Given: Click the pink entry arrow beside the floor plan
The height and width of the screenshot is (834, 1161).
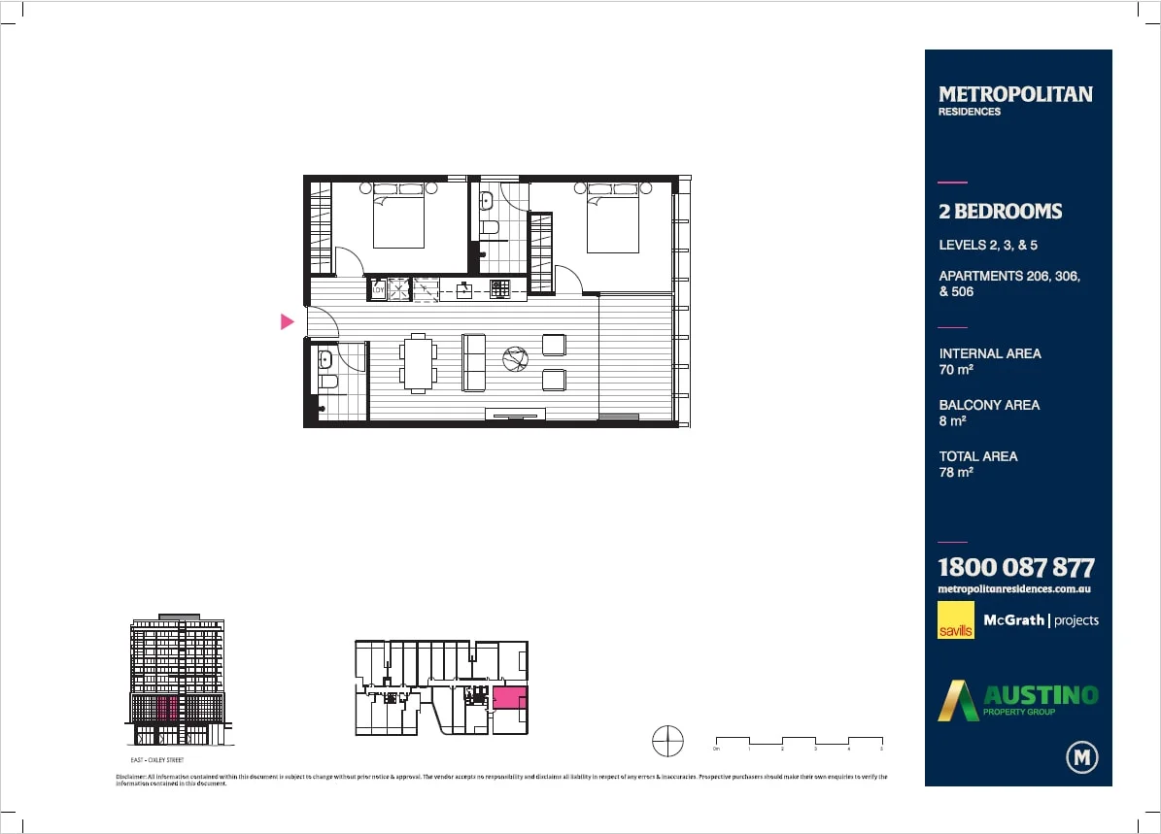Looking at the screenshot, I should click(287, 321).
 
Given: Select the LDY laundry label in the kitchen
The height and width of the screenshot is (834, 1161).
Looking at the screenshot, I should click(378, 288).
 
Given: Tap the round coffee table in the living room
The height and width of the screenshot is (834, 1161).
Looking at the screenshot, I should click(515, 360).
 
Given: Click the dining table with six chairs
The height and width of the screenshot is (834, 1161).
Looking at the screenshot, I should click(419, 363).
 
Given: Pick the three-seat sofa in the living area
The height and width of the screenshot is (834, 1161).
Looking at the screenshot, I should click(474, 362).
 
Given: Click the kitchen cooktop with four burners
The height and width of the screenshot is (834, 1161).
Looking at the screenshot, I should click(500, 287).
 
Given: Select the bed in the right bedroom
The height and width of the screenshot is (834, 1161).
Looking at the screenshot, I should click(612, 218).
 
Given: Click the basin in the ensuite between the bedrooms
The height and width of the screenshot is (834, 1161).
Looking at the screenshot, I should click(487, 203).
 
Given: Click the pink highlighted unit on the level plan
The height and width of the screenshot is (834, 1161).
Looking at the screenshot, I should click(509, 697).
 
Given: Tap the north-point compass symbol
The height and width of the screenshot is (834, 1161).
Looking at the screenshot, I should click(667, 742).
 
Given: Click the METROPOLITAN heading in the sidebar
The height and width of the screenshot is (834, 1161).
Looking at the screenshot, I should click(1015, 94).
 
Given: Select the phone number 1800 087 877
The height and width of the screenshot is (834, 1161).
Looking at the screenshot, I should click(1015, 568).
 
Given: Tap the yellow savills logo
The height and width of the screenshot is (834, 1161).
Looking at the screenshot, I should click(955, 620).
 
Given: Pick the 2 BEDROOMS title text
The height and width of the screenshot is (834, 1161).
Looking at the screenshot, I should click(1000, 212).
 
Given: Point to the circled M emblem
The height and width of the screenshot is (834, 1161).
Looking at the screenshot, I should click(1081, 756).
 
